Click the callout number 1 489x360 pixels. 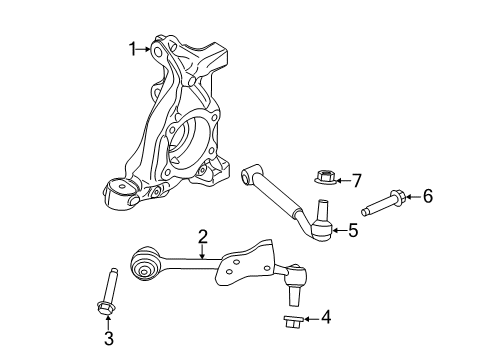(x=132, y=47)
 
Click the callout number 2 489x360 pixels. (x=202, y=237)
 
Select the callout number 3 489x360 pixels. (x=109, y=339)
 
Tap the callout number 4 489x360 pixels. (x=325, y=319)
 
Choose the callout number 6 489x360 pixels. (x=427, y=196)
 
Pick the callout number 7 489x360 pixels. (x=355, y=181)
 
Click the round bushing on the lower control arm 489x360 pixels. (x=146, y=267)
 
